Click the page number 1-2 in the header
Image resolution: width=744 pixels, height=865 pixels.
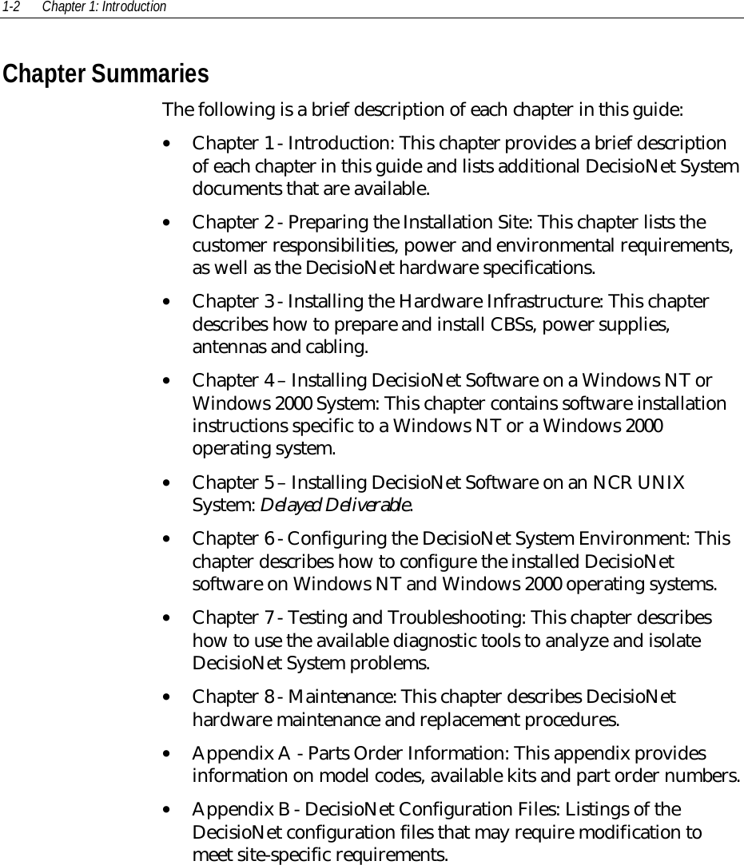(x=10, y=7)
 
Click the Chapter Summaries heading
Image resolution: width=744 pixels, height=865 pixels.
(x=105, y=74)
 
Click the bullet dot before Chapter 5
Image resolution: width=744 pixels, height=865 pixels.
(x=165, y=483)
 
